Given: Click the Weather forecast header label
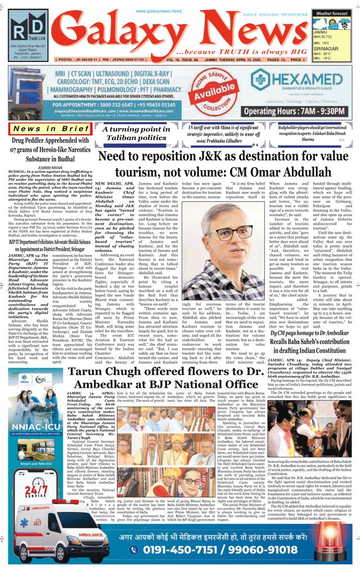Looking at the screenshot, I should point(332,13).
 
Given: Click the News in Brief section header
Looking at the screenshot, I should point(44,129).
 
